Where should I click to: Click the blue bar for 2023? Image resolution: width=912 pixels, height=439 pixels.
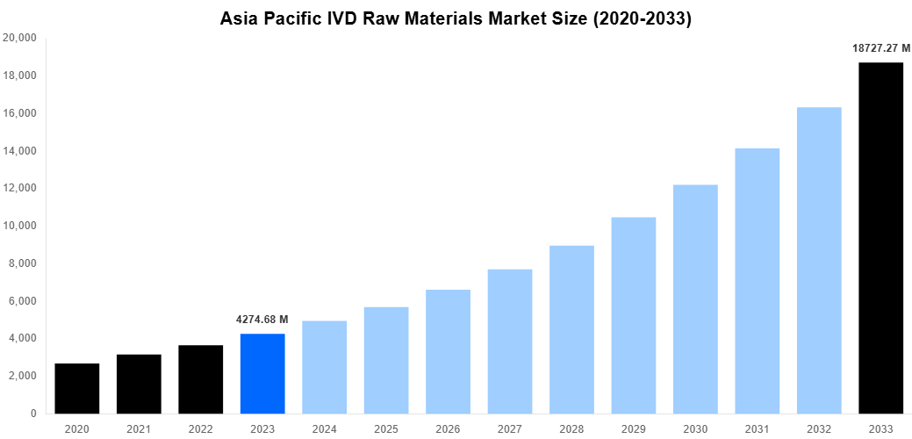click(x=262, y=373)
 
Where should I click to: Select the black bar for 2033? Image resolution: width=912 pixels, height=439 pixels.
click(x=880, y=237)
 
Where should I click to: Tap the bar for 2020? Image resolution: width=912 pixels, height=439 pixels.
click(x=77, y=388)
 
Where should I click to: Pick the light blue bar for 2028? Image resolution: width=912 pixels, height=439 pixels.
click(x=571, y=329)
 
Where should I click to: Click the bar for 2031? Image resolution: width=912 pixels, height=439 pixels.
click(x=757, y=280)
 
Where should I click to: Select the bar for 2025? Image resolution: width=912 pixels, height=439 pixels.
click(x=386, y=360)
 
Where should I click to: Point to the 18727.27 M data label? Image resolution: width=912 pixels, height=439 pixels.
click(x=880, y=48)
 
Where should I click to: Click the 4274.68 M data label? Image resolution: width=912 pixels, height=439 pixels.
click(x=262, y=320)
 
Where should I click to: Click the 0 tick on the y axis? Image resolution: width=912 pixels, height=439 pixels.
click(x=33, y=414)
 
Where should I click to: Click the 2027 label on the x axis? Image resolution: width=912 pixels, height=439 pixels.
click(x=510, y=428)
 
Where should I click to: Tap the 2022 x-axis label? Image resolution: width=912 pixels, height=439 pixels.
click(x=201, y=428)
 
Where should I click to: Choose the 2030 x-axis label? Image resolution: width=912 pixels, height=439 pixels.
click(x=695, y=428)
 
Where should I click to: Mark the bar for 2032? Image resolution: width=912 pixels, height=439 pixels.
click(x=819, y=260)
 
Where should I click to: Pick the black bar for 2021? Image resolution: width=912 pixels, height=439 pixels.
click(x=139, y=384)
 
